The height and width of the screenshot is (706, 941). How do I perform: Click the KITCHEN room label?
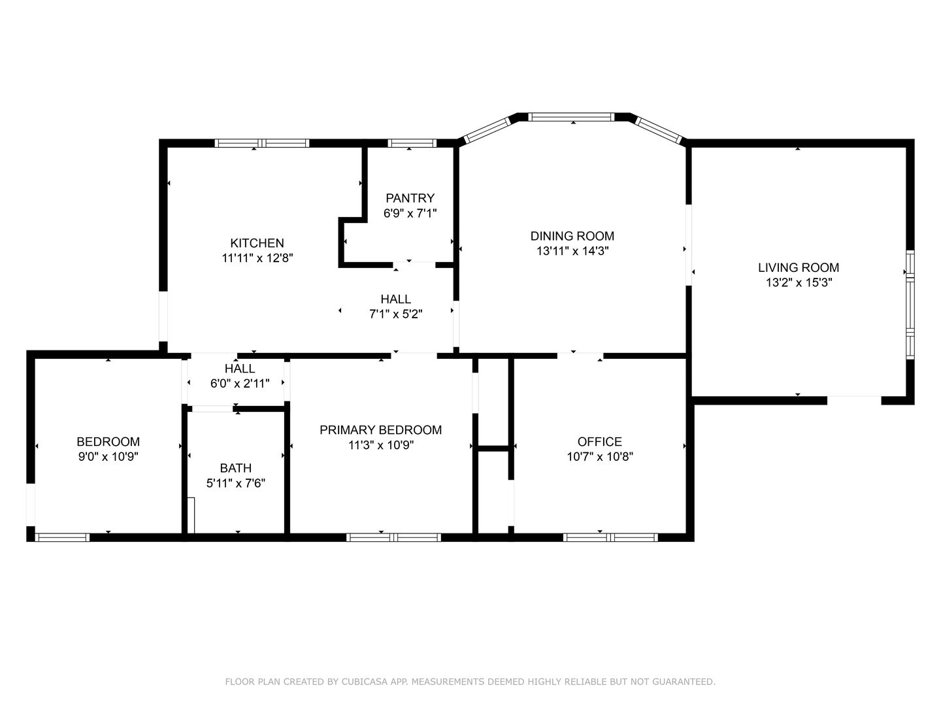(257, 243)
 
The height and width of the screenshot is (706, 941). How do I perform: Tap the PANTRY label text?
(410, 198)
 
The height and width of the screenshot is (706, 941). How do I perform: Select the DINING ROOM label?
(572, 236)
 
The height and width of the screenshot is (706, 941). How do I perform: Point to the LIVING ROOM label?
(799, 267)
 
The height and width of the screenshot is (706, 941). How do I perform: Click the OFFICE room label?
(599, 441)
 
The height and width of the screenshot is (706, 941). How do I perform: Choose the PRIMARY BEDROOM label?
(381, 430)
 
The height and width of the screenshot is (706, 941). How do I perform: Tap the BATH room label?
(235, 468)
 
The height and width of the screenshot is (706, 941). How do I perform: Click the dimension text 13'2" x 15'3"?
(799, 282)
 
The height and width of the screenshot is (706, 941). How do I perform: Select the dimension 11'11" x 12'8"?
(257, 258)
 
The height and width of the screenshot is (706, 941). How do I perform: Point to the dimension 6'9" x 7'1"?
(410, 213)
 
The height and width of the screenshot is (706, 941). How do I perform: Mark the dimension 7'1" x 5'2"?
(396, 314)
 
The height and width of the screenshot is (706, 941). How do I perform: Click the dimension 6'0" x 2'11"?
(240, 383)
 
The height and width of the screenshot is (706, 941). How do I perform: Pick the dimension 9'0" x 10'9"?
(108, 456)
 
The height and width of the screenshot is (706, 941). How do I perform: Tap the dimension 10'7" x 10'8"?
(600, 456)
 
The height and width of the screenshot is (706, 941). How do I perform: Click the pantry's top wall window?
(412, 143)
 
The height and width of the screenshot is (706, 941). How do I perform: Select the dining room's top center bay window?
(571, 117)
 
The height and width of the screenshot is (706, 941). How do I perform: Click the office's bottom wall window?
(610, 537)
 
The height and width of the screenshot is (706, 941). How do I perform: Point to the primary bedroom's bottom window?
(393, 537)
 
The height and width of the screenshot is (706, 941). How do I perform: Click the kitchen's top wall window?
(262, 143)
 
